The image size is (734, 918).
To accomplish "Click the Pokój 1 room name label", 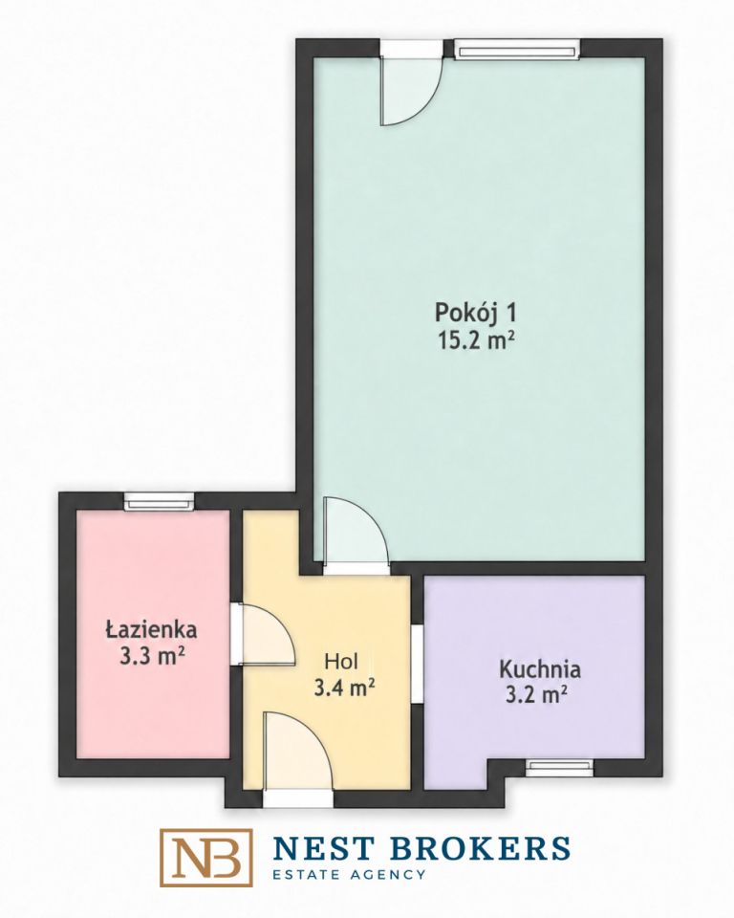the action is (475, 314).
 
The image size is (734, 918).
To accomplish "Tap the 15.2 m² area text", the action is (477, 339).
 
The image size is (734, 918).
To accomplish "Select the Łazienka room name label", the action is (151, 629).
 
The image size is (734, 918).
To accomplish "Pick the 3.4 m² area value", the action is (344, 688).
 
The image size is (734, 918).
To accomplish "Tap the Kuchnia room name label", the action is (539, 668).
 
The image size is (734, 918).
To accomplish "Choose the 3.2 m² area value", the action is (535, 695).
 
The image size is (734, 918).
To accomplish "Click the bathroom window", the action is (159, 502).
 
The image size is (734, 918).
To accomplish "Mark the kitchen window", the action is (559, 768).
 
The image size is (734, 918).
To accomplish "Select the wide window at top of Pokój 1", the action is (517, 49).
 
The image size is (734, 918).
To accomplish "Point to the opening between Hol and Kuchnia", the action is (417, 663).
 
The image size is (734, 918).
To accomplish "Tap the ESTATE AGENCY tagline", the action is (350, 875).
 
